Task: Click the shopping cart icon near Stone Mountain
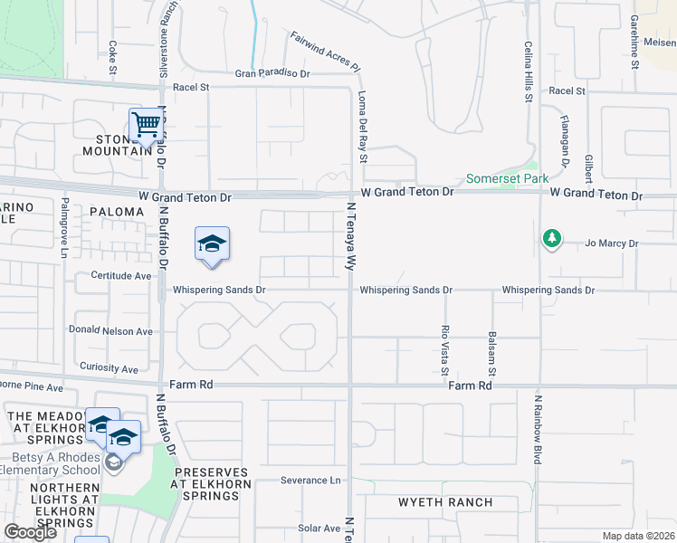point(145,125)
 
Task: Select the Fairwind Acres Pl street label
point(326,52)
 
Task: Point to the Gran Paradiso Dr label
point(272,74)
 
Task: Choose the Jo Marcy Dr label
point(612,243)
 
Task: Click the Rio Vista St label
point(444,350)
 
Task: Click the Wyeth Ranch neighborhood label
point(446,502)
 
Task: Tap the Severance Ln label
point(310,481)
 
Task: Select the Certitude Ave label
point(120,275)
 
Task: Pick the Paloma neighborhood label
point(117,212)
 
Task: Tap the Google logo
point(30,532)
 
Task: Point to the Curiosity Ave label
point(109,369)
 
